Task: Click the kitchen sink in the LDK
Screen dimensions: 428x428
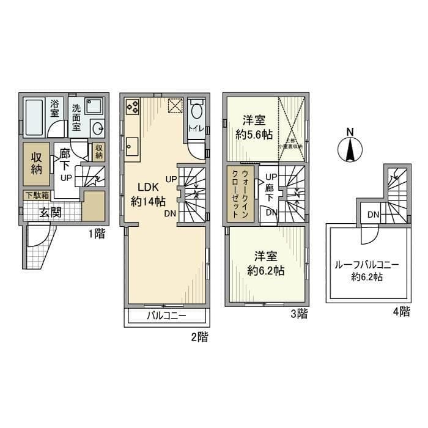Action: (133, 146)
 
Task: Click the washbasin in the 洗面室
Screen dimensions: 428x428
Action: (97, 129)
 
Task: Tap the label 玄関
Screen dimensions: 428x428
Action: (53, 213)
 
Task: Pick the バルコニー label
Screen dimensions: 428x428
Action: (166, 316)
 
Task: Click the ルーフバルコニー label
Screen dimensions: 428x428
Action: (366, 265)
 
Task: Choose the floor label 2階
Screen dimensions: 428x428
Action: (199, 335)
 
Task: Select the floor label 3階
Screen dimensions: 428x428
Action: (298, 314)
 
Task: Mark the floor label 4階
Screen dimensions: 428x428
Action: (401, 312)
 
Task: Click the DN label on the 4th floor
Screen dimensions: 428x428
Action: (372, 214)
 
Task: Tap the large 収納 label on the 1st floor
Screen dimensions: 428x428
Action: (37, 163)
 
